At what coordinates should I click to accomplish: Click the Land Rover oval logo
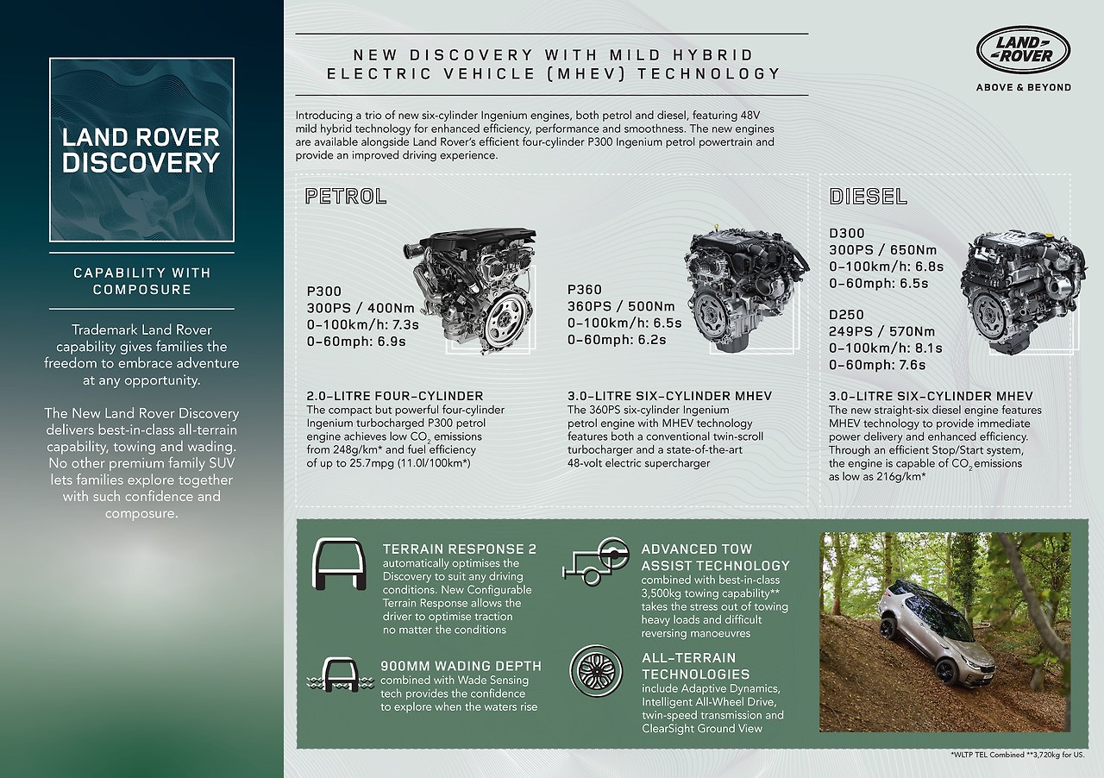(x=1023, y=52)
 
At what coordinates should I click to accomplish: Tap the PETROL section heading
(x=345, y=196)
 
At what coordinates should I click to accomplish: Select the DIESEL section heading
(x=868, y=196)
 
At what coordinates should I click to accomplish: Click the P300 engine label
(x=325, y=292)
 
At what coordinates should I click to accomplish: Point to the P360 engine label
(x=585, y=290)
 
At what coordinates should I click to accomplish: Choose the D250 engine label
(x=847, y=315)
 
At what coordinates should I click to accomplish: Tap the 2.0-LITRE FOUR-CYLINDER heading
(x=395, y=396)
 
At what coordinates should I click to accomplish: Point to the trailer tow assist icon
(x=595, y=561)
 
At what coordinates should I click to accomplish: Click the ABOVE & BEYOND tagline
(x=1023, y=87)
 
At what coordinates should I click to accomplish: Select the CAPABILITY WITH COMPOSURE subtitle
(x=141, y=281)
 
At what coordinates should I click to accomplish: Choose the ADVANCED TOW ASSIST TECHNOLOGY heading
(x=715, y=557)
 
